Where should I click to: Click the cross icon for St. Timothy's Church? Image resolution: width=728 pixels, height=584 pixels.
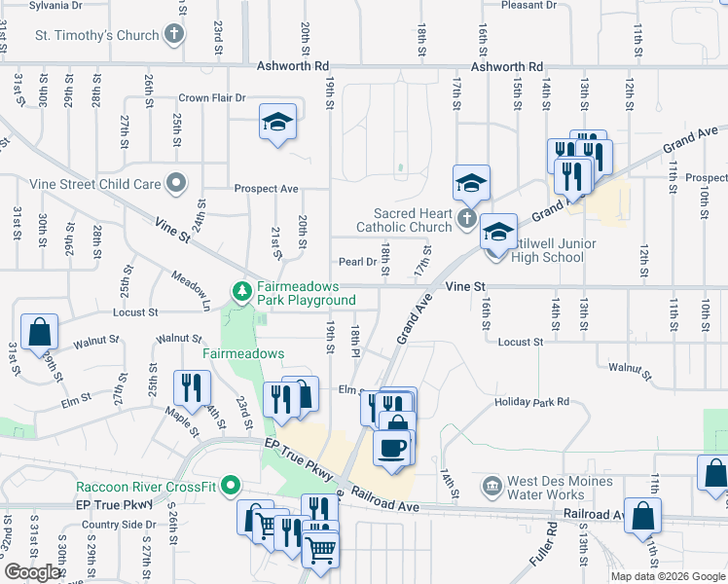(x=174, y=36)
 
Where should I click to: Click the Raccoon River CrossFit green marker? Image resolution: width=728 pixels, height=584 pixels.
(x=231, y=485)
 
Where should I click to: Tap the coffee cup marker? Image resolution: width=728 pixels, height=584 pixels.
(x=393, y=448)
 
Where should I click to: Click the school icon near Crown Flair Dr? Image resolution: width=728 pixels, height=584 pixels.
(x=277, y=123)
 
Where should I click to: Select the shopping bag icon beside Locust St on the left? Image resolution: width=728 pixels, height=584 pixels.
(x=38, y=331)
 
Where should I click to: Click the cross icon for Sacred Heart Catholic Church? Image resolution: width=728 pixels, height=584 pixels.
(x=466, y=220)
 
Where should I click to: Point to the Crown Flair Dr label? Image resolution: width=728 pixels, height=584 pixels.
(x=213, y=98)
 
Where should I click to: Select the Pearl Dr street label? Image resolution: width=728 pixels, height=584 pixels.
(x=357, y=262)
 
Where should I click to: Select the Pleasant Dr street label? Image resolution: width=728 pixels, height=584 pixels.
(x=528, y=5)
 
